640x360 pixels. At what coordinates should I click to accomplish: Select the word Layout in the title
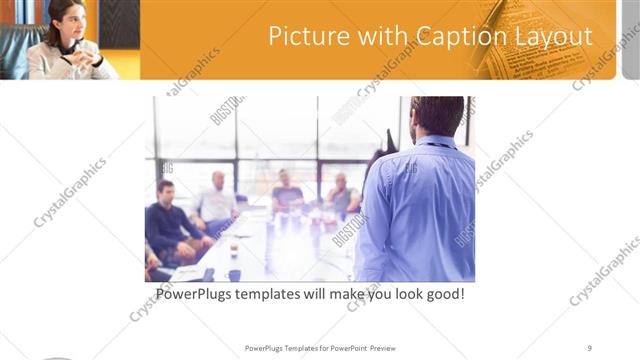pyautogui.click(x=554, y=37)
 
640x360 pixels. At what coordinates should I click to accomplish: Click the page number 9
pyautogui.click(x=590, y=348)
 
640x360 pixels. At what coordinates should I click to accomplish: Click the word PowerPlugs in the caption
pyautogui.click(x=197, y=295)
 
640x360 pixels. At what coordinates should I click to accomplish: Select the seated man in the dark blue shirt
pyautogui.click(x=166, y=220)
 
